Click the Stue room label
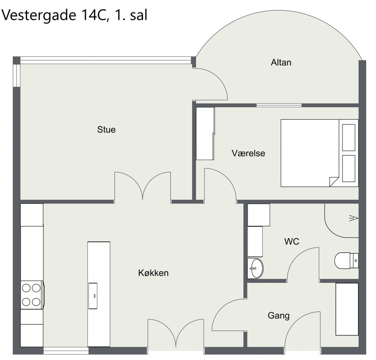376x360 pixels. [x=106, y=129]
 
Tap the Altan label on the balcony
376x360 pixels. [x=281, y=62]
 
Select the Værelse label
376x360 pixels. [x=249, y=153]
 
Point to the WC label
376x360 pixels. [x=292, y=242]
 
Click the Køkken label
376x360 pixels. [x=153, y=273]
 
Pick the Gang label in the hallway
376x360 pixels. [x=279, y=316]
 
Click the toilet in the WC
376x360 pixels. [x=346, y=261]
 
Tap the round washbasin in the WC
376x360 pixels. [x=256, y=268]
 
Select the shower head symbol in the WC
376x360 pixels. [x=354, y=218]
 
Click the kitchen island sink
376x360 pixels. [x=93, y=296]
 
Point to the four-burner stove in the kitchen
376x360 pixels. [x=32, y=295]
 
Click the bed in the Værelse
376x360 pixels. [x=319, y=153]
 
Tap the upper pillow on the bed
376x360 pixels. [x=349, y=138]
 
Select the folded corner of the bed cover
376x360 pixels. [x=334, y=181]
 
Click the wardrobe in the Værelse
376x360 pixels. [x=205, y=133]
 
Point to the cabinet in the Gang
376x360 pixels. [x=347, y=309]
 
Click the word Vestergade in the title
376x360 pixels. [x=39, y=15]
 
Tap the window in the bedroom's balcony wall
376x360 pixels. [x=279, y=105]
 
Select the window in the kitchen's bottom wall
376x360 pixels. [x=66, y=351]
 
